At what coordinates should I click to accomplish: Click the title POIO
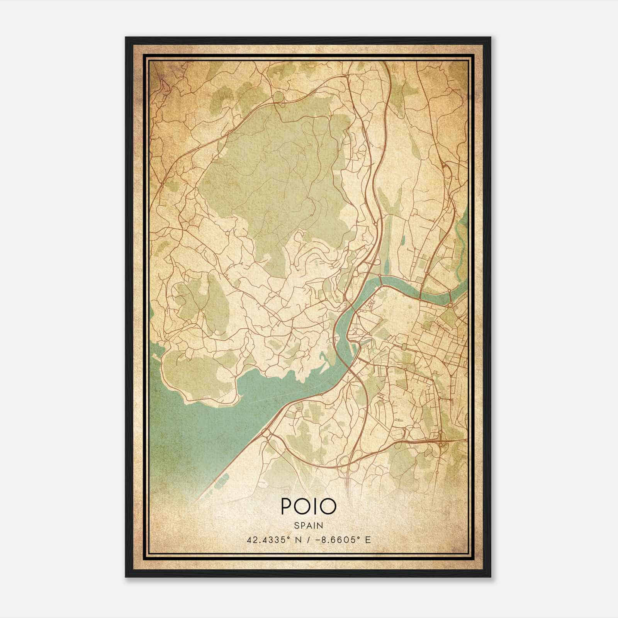308,506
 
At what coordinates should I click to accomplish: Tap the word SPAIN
308,526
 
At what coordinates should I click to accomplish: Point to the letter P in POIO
287,506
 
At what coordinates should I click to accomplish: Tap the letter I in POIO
315,506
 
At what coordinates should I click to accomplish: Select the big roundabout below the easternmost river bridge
450,305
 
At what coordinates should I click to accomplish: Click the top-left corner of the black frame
126,37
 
